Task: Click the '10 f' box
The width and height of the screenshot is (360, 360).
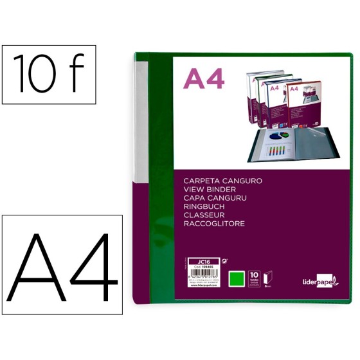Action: click(x=48, y=75)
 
